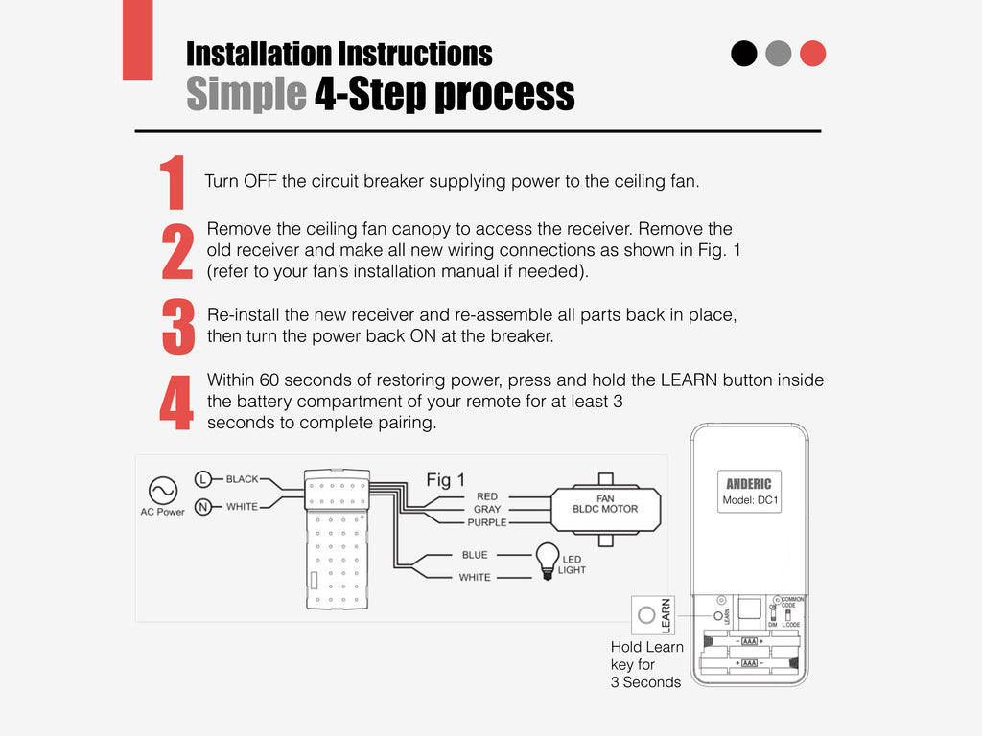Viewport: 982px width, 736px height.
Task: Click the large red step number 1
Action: click(x=173, y=184)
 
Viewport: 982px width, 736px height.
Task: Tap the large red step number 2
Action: click(x=177, y=252)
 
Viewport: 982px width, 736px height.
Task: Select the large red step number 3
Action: click(x=178, y=326)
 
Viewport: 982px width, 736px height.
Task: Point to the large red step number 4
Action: click(x=175, y=402)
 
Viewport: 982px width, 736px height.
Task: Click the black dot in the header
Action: click(x=744, y=54)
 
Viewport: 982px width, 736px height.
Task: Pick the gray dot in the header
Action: click(x=779, y=54)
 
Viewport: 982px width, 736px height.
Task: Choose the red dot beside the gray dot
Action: click(x=813, y=54)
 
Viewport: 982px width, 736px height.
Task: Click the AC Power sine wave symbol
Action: click(x=162, y=490)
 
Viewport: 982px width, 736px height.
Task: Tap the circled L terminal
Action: click(x=203, y=478)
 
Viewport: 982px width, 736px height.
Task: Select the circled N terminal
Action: click(x=203, y=507)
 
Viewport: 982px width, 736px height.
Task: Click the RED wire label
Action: click(x=487, y=496)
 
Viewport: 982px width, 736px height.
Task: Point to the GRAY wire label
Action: click(x=487, y=509)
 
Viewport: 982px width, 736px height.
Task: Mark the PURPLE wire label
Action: click(x=487, y=522)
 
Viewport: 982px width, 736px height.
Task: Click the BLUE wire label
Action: click(x=475, y=555)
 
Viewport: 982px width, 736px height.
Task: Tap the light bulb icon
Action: click(x=546, y=558)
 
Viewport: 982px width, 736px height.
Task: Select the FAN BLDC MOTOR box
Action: click(x=605, y=504)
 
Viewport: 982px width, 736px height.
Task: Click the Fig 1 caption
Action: click(x=445, y=479)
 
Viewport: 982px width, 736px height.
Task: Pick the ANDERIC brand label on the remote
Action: click(x=749, y=484)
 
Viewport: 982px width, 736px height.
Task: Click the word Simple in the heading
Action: click(x=245, y=95)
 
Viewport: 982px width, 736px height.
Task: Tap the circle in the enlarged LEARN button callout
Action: click(x=646, y=614)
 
